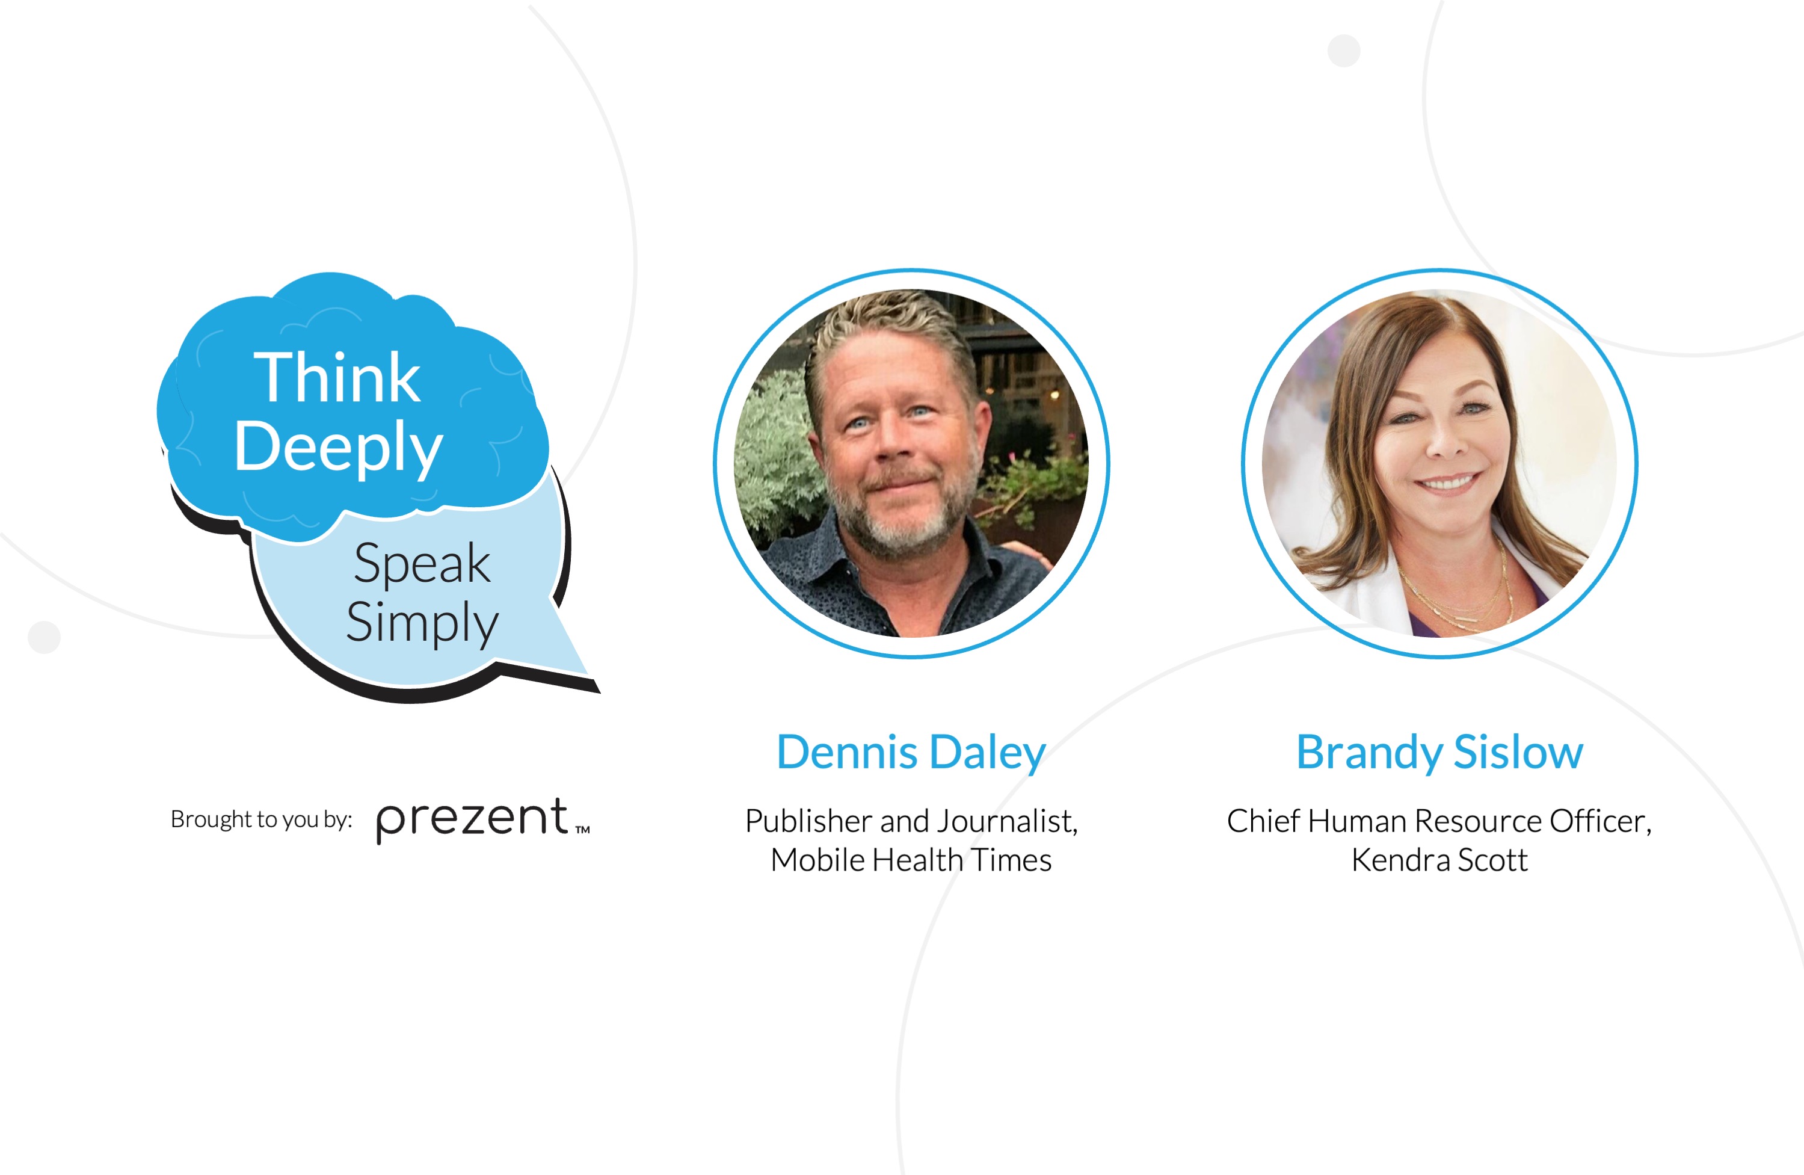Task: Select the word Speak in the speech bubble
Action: click(x=422, y=563)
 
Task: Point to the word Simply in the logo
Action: click(x=422, y=623)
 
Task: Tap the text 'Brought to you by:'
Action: click(x=262, y=819)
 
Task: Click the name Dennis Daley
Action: click(x=911, y=752)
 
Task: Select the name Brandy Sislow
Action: click(x=1439, y=752)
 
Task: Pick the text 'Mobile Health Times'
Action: click(x=911, y=860)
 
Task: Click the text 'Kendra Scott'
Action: click(x=1439, y=860)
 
